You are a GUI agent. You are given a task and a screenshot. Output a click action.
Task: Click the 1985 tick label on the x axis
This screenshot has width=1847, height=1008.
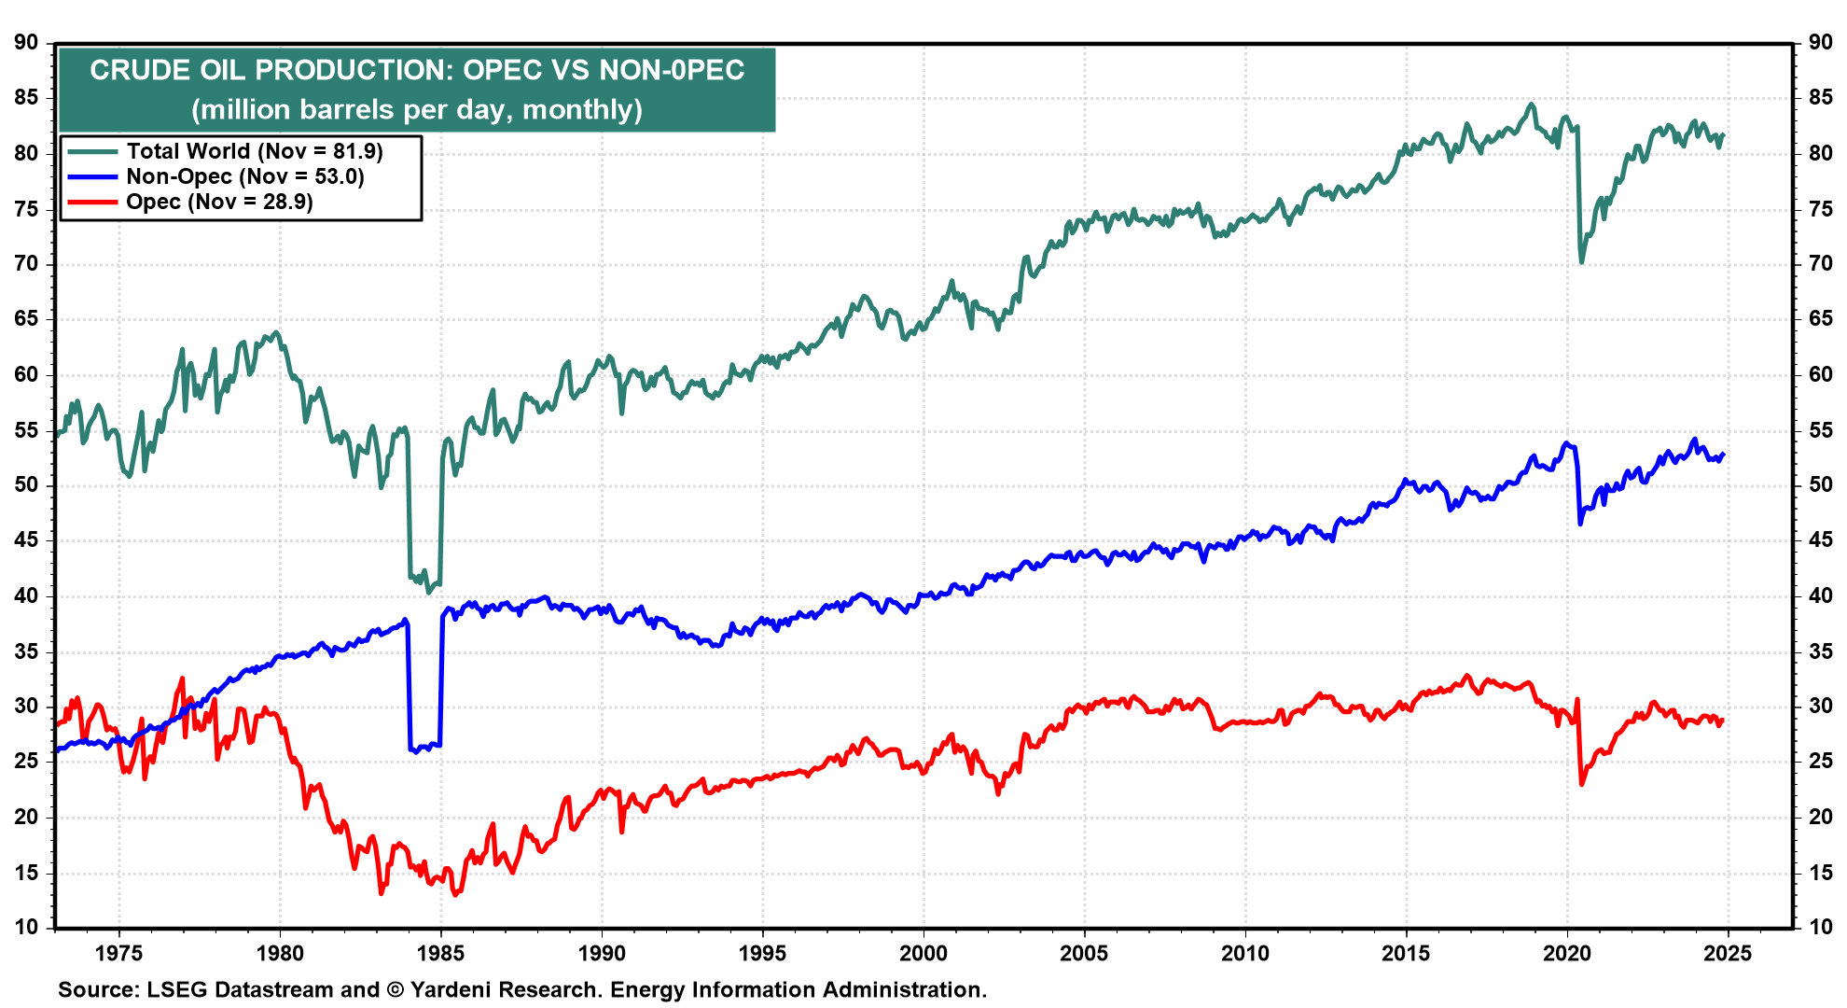pyautogui.click(x=440, y=953)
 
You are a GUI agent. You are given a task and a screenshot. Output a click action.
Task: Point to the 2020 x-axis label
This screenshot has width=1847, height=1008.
pyautogui.click(x=1567, y=953)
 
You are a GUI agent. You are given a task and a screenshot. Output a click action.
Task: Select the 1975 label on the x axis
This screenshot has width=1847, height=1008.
pyautogui.click(x=118, y=953)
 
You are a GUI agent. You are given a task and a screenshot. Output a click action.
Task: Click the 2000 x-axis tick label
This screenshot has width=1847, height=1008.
pyautogui.click(x=923, y=953)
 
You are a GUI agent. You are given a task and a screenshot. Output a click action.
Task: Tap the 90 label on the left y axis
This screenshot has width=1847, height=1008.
pyautogui.click(x=26, y=42)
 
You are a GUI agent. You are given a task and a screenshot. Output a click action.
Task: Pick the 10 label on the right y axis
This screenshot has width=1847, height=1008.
pyautogui.click(x=1820, y=928)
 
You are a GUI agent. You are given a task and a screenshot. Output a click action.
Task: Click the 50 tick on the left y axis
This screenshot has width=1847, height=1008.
pyautogui.click(x=26, y=484)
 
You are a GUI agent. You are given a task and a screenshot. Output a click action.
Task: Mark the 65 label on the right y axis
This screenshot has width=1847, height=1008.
pyautogui.click(x=1820, y=318)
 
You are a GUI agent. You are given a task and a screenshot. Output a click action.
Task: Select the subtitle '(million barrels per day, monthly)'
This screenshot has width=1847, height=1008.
pyautogui.click(x=417, y=110)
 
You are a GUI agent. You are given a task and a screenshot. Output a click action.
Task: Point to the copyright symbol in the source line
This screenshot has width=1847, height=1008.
pyautogui.click(x=396, y=989)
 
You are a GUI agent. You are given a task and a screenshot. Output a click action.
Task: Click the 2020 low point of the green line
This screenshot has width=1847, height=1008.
pyautogui.click(x=1581, y=262)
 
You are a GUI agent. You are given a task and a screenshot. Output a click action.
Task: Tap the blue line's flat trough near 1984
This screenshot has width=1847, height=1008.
pyautogui.click(x=424, y=747)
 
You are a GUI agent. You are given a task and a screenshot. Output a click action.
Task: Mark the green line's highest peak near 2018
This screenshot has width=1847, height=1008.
pyautogui.click(x=1531, y=104)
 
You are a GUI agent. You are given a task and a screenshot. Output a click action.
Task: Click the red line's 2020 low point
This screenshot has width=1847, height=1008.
pyautogui.click(x=1581, y=784)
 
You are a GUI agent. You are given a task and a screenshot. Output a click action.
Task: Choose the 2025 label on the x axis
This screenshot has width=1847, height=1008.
pyautogui.click(x=1728, y=953)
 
